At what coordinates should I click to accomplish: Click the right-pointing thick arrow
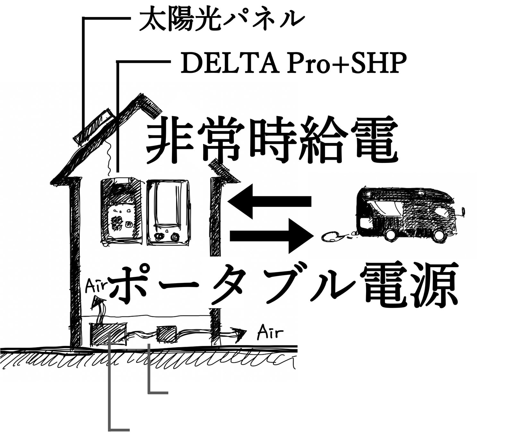coord(271,236)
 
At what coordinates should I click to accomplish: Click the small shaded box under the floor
coord(166,335)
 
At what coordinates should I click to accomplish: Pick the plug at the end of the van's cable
coord(329,237)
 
